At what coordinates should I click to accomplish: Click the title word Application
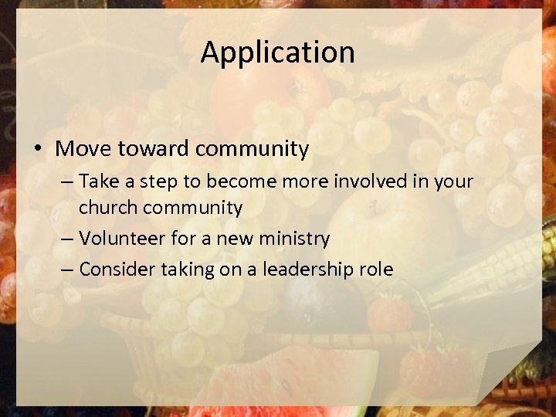click(x=278, y=53)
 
